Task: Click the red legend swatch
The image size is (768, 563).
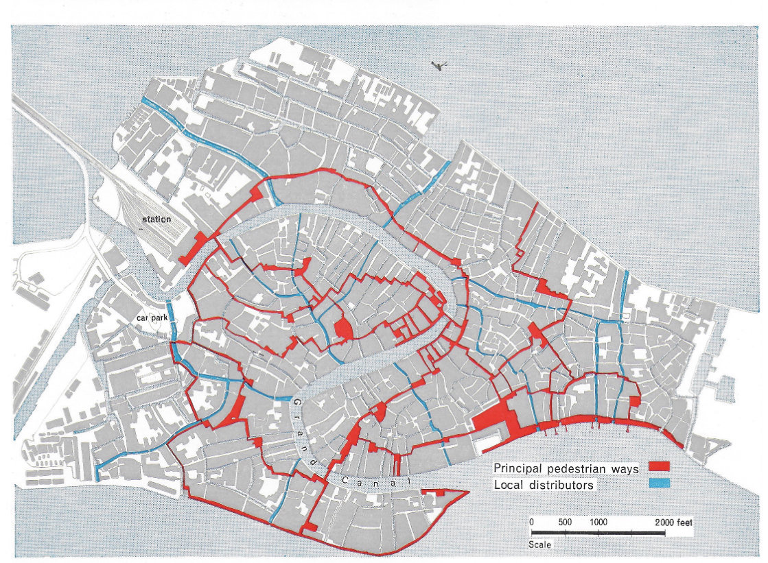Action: pos(658,468)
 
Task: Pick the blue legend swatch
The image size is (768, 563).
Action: pos(658,484)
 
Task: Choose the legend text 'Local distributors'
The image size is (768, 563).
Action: pos(543,486)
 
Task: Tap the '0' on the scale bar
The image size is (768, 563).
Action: pos(532,522)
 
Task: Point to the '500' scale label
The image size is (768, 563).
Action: pos(565,522)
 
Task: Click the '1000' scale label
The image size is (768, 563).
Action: pos(599,522)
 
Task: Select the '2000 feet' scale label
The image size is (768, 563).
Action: pos(674,522)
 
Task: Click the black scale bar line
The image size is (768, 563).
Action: pos(597,533)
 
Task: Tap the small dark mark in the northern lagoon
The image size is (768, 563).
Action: pos(437,66)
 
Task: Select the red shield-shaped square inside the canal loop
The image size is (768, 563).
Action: pos(342,329)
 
